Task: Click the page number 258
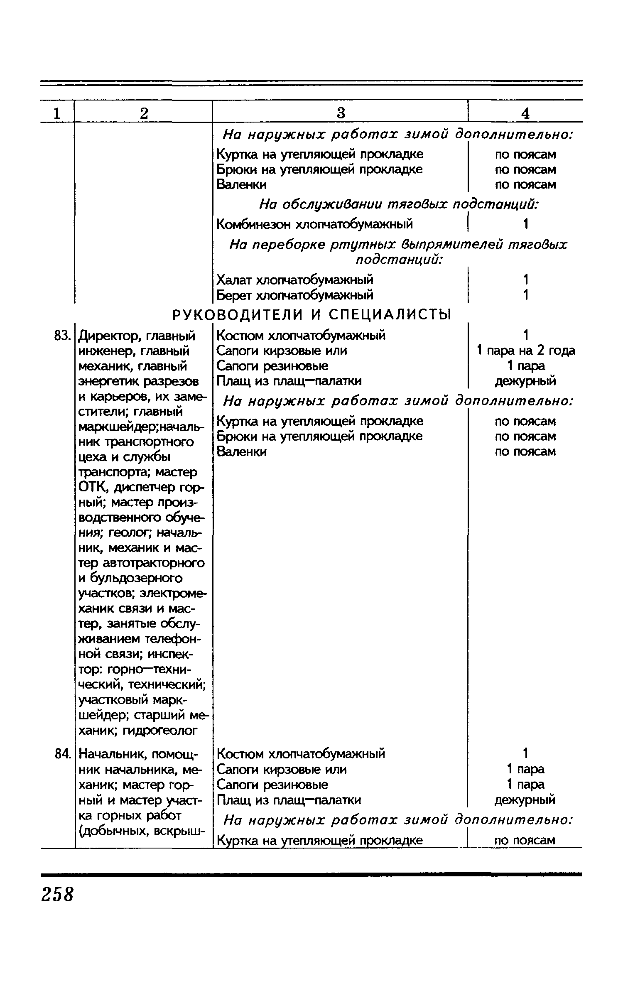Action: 57,894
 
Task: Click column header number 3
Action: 340,113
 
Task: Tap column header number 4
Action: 525,113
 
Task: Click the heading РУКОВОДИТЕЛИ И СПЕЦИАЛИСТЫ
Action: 311,315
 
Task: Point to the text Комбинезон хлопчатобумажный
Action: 315,224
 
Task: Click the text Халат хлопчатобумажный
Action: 295,280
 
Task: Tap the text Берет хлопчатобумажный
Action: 295,295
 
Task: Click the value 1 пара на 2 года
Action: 525,351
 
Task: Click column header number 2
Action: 144,113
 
